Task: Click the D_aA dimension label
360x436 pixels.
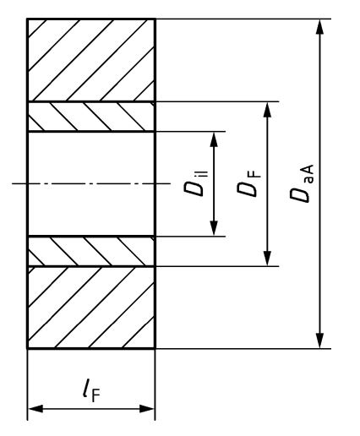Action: click(302, 183)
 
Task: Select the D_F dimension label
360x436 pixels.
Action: click(248, 183)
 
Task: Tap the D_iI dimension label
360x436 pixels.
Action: click(196, 183)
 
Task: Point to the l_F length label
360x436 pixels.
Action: click(91, 390)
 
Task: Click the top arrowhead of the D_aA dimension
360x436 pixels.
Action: click(319, 27)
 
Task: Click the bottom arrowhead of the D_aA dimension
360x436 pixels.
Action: click(319, 341)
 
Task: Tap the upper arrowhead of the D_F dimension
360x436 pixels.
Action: click(267, 110)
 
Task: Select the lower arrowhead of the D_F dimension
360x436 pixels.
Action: click(267, 258)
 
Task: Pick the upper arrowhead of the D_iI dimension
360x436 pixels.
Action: click(214, 139)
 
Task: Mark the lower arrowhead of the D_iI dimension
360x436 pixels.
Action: click(214, 228)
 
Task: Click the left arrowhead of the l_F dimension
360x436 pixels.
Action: click(35, 409)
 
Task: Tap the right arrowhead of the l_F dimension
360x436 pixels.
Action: click(147, 409)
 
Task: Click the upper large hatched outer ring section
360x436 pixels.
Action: click(91, 60)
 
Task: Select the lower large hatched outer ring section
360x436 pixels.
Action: click(91, 308)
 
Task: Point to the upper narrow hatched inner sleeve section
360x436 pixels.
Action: click(91, 117)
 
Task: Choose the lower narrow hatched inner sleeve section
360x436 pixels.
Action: click(91, 251)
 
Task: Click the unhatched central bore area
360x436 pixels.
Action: click(91, 183)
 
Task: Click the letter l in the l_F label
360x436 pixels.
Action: click(87, 388)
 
